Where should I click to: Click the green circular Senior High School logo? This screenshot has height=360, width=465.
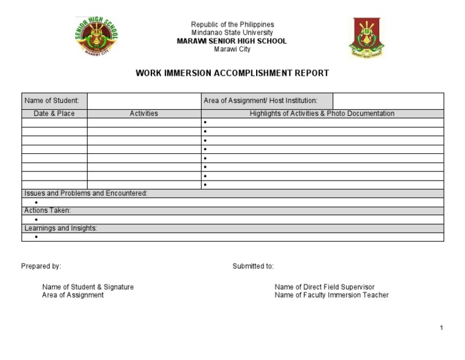tap(96, 36)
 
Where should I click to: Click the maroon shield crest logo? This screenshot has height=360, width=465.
tap(366, 38)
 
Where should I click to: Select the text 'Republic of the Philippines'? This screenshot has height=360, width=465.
tap(232, 25)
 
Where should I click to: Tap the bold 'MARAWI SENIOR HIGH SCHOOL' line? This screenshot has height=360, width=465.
tap(232, 41)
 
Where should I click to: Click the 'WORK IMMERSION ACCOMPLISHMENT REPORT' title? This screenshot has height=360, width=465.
tap(232, 73)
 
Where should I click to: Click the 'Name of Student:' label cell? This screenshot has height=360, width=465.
tap(54, 101)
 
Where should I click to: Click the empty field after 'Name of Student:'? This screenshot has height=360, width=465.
tap(144, 101)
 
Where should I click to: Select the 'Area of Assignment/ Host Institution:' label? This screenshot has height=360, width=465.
tap(260, 101)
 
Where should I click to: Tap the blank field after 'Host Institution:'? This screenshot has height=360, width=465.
tap(388, 101)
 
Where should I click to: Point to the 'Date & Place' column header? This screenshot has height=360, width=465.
tap(54, 113)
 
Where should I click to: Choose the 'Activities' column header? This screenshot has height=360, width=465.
tap(144, 113)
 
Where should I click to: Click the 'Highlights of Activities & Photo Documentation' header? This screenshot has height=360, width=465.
tap(322, 113)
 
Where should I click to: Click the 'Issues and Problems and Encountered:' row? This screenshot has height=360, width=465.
tap(86, 193)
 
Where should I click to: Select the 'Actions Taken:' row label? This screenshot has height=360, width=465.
tap(48, 210)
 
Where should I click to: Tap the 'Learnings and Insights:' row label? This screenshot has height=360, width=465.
tap(61, 228)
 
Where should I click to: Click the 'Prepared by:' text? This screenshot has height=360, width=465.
tap(41, 266)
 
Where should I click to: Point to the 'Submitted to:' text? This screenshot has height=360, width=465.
tap(253, 266)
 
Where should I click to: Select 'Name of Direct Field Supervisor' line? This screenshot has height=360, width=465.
tap(325, 287)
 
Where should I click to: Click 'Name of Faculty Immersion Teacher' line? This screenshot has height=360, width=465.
tap(331, 295)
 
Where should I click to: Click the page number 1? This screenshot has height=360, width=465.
tap(442, 328)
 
